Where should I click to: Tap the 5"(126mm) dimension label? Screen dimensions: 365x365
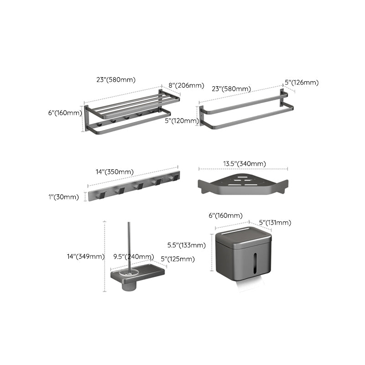pos(302,83)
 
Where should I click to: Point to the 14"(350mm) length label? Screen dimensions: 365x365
pos(115,172)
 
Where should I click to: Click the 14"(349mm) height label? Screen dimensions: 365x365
pos(85,256)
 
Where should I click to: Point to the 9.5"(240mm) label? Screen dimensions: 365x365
pos(134,256)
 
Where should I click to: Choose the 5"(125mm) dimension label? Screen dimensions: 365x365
pos(177,259)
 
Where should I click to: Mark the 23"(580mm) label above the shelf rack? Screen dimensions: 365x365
pos(116,79)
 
